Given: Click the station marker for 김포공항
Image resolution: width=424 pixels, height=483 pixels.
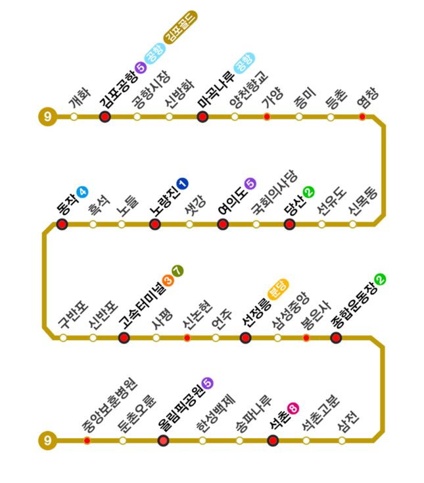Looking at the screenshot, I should click(105, 117).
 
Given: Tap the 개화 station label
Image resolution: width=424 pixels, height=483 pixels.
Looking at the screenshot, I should click(78, 99).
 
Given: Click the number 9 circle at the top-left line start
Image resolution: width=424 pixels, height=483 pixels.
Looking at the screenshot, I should click(47, 117).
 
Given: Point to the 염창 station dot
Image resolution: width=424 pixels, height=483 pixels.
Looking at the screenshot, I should click(362, 117).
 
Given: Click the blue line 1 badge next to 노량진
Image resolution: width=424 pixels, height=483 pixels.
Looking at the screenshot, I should click(182, 183).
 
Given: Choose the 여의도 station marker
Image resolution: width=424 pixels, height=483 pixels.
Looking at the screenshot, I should click(223, 224).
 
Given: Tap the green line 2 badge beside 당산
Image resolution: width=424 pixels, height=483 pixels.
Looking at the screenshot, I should click(308, 192).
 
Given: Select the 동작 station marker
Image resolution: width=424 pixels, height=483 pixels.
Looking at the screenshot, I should click(62, 224).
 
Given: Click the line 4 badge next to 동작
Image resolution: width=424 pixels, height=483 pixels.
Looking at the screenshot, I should click(82, 192).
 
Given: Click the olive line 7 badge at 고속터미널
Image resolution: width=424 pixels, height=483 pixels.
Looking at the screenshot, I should click(177, 270).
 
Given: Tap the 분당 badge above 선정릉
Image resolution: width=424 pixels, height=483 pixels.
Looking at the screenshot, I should click(277, 289).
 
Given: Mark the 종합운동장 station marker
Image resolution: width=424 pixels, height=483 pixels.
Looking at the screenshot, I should click(336, 338).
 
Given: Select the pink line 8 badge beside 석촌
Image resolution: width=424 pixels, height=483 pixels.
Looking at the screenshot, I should click(293, 408).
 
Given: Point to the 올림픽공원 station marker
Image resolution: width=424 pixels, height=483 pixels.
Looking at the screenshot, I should click(164, 440).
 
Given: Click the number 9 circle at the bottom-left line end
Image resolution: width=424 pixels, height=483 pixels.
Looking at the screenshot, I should click(47, 440).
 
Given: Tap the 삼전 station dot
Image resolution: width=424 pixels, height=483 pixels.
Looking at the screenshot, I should click(342, 440).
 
